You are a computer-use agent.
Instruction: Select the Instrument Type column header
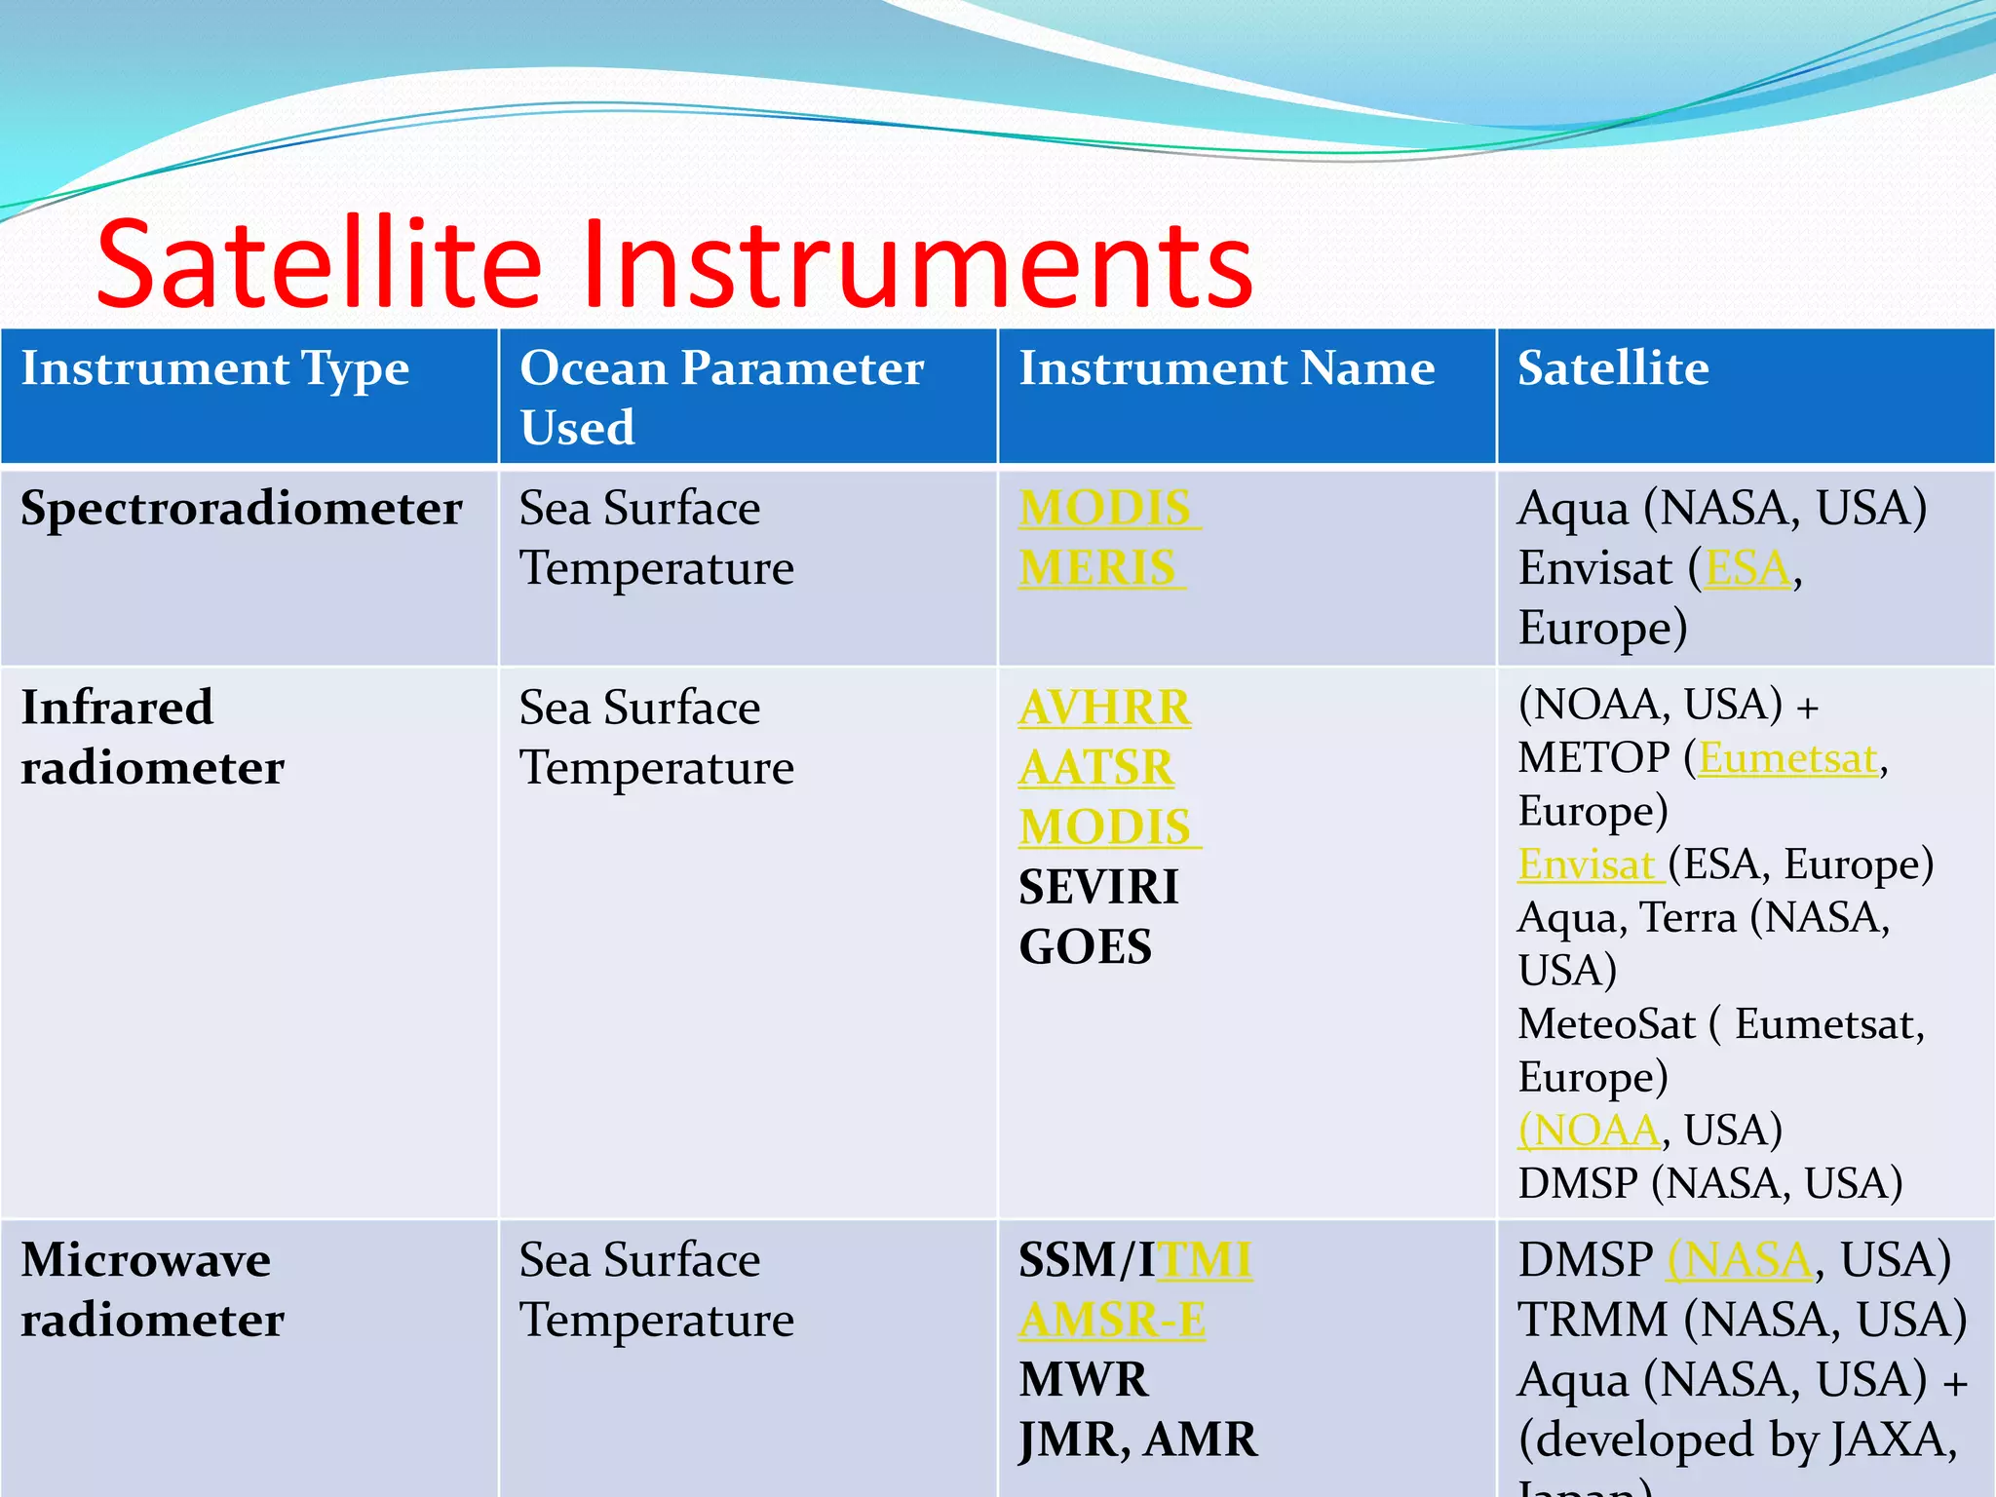point(214,369)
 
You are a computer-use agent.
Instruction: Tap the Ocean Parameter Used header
point(721,397)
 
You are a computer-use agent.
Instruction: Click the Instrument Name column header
point(1226,369)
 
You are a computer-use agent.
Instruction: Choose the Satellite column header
point(1612,369)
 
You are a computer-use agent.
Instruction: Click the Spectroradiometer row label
point(241,509)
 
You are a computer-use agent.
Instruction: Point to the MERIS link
point(1097,568)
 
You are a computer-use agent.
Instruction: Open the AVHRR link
point(1104,708)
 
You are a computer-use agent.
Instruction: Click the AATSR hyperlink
point(1096,768)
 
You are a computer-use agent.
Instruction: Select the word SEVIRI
point(1098,888)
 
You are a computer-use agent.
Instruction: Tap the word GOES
point(1085,947)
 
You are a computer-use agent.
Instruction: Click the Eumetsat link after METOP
point(1787,758)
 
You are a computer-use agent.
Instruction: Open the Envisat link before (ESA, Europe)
point(1587,864)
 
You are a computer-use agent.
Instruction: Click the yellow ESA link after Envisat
point(1747,568)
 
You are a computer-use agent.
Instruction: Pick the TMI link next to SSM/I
point(1205,1260)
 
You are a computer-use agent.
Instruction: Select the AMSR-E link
point(1112,1321)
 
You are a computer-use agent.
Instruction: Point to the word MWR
point(1083,1380)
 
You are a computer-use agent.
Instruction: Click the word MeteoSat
point(1606,1024)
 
